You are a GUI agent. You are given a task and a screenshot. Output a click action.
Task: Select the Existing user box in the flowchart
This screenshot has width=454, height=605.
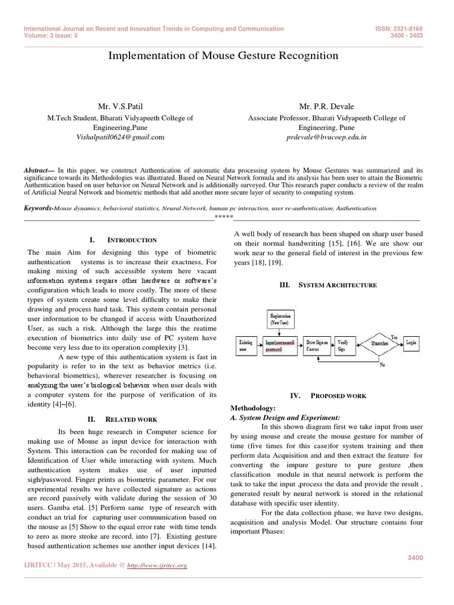[x=245, y=345]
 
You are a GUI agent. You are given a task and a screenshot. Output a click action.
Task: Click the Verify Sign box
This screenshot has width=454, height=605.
[x=344, y=345]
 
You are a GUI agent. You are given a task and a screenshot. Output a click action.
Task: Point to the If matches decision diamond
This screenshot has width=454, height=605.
[x=379, y=343]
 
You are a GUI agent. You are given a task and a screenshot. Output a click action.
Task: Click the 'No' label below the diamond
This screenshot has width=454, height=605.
[x=382, y=365]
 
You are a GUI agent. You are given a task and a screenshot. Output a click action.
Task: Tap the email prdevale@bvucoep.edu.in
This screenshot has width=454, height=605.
[x=326, y=136]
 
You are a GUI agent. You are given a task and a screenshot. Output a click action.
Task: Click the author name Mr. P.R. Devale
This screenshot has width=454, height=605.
[x=326, y=106]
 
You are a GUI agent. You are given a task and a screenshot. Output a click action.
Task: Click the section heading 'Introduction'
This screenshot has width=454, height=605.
[x=131, y=240]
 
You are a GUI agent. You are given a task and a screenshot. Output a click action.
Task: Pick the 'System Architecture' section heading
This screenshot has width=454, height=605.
[x=336, y=285]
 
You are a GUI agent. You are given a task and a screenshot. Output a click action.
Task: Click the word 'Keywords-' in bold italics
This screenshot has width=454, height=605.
[x=38, y=209]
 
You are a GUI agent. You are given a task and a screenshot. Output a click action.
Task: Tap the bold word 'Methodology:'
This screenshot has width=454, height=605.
[x=252, y=408]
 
